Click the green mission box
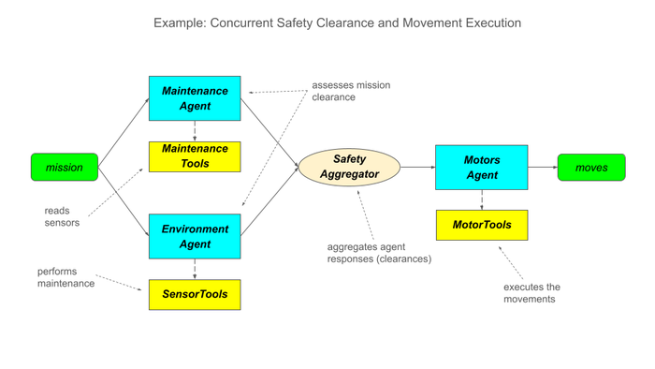coord(65,167)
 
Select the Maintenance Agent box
coord(195,98)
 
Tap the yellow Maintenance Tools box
coord(195,156)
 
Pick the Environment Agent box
coord(195,236)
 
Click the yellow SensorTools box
coord(195,295)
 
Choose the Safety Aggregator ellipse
coord(349,167)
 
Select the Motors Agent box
coord(482,167)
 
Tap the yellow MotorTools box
coord(482,225)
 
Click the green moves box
coord(591,167)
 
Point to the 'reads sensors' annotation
coord(62,216)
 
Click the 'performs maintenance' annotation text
coord(66,277)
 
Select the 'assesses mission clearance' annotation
coord(351,91)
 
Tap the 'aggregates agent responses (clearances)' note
coord(379,253)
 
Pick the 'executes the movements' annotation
coord(531,293)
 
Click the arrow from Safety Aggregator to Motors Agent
coord(417,167)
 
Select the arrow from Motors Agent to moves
coord(543,167)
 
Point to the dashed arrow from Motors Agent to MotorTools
coord(482,199)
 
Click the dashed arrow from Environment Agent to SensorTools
coord(195,269)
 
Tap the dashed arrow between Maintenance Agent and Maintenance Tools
coord(195,131)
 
